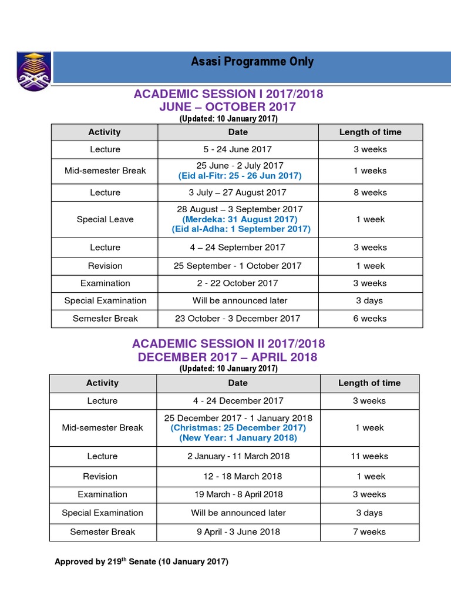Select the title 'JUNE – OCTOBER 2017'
[x=228, y=107]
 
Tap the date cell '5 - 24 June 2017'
[x=238, y=149]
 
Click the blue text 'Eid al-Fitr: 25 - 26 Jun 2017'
[x=240, y=176]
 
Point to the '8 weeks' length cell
[x=370, y=192]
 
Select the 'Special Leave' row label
[x=105, y=219]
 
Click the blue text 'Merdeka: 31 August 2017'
[x=240, y=219]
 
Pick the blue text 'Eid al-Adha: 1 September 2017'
[x=241, y=229]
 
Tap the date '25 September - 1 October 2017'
[x=238, y=266]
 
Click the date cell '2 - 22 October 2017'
[x=238, y=283]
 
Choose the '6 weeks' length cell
[x=370, y=319]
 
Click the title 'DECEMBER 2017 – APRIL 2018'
[x=228, y=357]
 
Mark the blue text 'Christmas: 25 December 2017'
[x=238, y=428]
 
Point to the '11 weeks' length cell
[x=370, y=456]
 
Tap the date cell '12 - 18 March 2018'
[x=242, y=476]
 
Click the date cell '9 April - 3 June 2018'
[x=238, y=532]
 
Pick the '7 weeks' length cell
[x=370, y=532]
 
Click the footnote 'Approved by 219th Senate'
[x=141, y=561]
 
